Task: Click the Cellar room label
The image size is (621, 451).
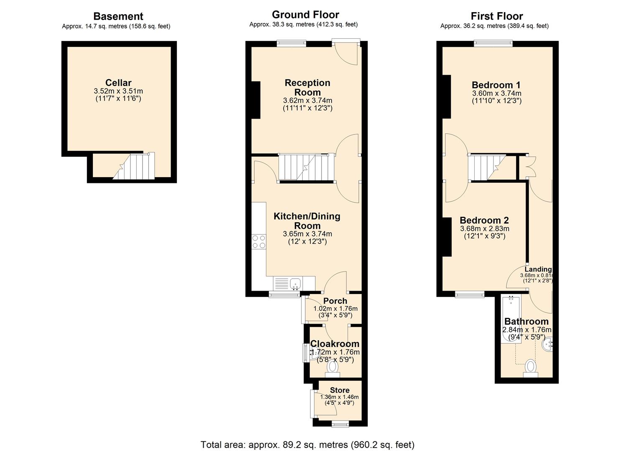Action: coord(118,83)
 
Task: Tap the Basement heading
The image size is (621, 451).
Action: coord(118,16)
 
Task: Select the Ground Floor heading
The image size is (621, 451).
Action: coord(305,15)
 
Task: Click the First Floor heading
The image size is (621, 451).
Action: coord(496,16)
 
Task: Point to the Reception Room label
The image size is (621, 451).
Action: coord(307,87)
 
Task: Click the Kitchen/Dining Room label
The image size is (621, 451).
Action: coord(307,220)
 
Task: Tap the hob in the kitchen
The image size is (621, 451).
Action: coord(258,242)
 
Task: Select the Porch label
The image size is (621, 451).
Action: coord(335,301)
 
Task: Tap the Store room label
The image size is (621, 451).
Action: coord(340,390)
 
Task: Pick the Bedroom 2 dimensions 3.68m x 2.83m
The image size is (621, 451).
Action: coord(485,228)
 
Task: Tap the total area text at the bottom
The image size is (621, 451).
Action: coord(307,444)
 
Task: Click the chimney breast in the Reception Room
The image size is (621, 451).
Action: coord(256,100)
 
